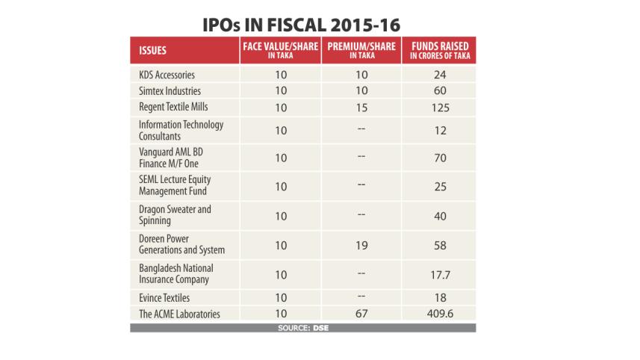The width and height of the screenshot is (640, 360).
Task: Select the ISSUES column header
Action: click(x=152, y=51)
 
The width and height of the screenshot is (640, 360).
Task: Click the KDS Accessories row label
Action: click(x=167, y=75)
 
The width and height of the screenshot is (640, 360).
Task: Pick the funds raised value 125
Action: click(x=440, y=108)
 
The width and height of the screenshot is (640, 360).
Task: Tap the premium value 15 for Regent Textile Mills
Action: click(x=361, y=108)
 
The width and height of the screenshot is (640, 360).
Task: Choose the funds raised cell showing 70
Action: click(x=440, y=159)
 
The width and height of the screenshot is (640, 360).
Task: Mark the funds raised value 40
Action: click(x=440, y=216)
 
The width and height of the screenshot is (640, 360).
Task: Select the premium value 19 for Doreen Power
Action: click(x=361, y=245)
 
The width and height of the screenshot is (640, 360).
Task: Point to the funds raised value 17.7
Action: click(x=440, y=274)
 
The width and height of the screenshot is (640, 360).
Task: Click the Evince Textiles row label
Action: click(x=164, y=298)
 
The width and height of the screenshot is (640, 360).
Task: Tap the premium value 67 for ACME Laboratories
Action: click(x=361, y=314)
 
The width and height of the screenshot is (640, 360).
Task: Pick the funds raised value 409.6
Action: click(x=440, y=314)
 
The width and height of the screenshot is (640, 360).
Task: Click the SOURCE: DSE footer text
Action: click(x=302, y=328)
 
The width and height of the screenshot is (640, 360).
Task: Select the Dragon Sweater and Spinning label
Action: click(x=175, y=215)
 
